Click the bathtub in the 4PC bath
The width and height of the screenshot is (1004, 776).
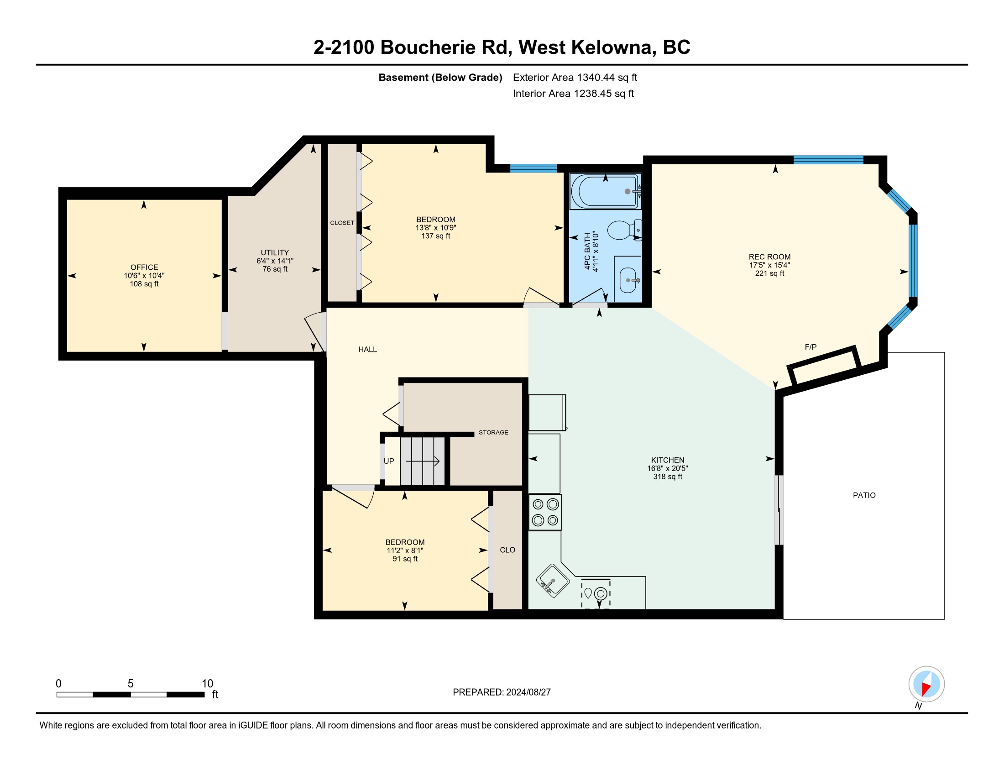coord(606,191)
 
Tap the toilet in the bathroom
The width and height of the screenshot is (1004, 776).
coord(624,230)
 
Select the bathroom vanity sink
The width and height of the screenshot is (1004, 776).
coord(628,280)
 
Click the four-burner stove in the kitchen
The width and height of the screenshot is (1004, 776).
coord(545,512)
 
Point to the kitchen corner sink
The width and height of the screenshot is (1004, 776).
coord(553,581)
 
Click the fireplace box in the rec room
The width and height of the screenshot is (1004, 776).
coord(824,366)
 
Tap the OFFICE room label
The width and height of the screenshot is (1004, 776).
coord(144,267)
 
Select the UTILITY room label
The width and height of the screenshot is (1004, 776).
coord(275,253)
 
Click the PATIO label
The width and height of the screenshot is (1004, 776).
coord(864,495)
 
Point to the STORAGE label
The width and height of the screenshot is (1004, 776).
coord(493,433)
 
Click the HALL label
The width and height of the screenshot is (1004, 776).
coord(368,349)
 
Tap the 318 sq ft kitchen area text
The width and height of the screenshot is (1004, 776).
coord(668,477)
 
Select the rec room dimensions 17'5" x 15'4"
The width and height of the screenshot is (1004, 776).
coord(769,265)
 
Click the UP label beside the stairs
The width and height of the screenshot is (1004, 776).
coord(389,461)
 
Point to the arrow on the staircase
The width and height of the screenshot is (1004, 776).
coord(423,461)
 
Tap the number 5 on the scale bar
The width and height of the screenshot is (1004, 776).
coord(131,684)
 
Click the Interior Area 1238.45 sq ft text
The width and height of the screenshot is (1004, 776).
coord(573,94)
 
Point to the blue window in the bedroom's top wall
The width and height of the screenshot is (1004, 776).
coord(533,168)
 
